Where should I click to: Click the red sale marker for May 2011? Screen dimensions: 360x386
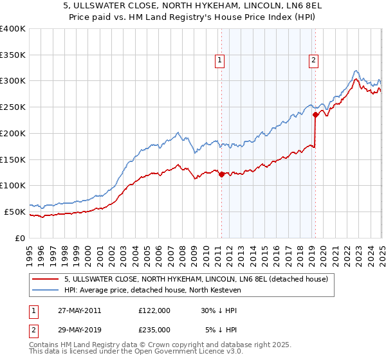pyautogui.click(x=221, y=174)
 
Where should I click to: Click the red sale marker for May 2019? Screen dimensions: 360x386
pyautogui.click(x=315, y=115)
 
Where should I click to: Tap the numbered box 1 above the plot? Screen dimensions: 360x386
pyautogui.click(x=220, y=60)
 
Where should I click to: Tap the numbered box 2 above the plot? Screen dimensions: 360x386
pyautogui.click(x=313, y=60)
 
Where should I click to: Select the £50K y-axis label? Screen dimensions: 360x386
pyautogui.click(x=15, y=212)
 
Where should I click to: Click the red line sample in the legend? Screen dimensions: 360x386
pyautogui.click(x=46, y=279)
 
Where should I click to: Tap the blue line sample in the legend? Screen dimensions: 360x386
pyautogui.click(x=46, y=290)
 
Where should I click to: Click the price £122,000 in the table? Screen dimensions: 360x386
pyautogui.click(x=154, y=310)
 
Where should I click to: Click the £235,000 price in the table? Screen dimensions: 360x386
pyautogui.click(x=154, y=329)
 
